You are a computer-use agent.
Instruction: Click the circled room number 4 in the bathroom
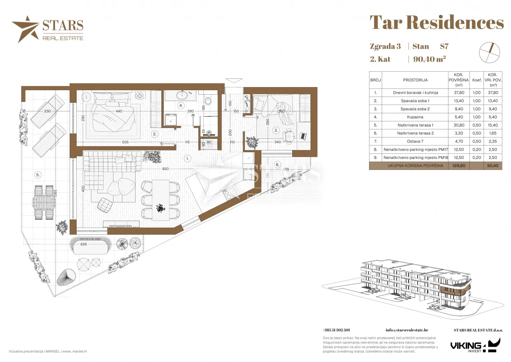tap(181, 105)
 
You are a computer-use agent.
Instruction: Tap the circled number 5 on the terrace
tap(38, 175)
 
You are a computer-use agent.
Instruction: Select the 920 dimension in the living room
tap(165, 169)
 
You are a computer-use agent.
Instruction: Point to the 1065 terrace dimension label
tap(55, 194)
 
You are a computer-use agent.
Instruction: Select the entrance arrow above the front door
tap(234, 80)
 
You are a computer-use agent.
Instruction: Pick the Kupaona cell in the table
tap(415, 117)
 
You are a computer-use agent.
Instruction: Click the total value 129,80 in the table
tap(459, 166)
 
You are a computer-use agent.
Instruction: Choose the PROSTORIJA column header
tap(415, 80)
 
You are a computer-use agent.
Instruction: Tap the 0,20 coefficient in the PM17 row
tap(477, 149)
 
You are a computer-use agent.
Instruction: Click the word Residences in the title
tap(455, 22)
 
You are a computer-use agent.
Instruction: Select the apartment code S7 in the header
tap(444, 46)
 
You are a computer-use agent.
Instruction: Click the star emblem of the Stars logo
tap(26, 29)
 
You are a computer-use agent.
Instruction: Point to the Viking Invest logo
tap(475, 345)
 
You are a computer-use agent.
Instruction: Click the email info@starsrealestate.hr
tap(407, 330)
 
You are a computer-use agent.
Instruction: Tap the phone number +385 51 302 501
tap(336, 330)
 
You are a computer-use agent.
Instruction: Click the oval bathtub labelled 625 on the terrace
tap(90, 246)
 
